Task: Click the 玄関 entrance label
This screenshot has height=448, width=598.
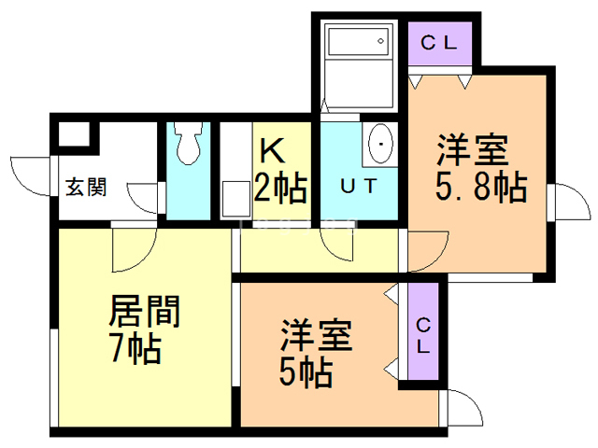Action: coord(85,187)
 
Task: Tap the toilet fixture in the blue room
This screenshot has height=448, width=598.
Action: coord(190,145)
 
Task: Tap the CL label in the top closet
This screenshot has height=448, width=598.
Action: coord(442,42)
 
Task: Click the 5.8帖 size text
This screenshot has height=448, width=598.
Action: coord(480,188)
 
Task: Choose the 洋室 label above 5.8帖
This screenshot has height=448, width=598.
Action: coord(473,148)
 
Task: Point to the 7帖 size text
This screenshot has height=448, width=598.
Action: coord(135,351)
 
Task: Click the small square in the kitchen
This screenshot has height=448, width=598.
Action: coord(233,202)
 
